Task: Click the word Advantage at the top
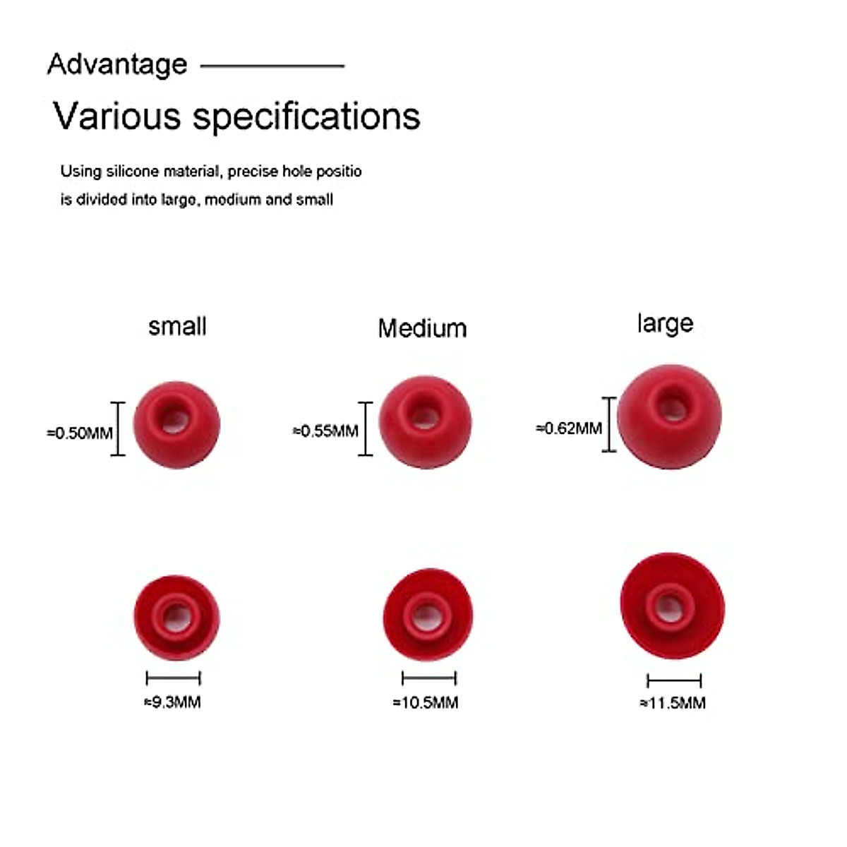pos(117,64)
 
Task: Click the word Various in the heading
pos(117,116)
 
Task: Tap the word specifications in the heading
pos(306,117)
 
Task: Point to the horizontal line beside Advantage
pos(272,66)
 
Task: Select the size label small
pos(177,326)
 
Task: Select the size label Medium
pos(422,328)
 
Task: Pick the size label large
pos(665,323)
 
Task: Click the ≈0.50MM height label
pos(80,433)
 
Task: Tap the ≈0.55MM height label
pos(325,431)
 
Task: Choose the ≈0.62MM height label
pos(569,428)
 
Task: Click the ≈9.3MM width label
pos(173,702)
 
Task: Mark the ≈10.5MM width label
pos(426,702)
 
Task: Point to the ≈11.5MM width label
pos(673,703)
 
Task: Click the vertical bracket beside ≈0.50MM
pos(118,428)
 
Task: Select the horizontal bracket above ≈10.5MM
pos(428,679)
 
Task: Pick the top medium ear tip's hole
pos(423,416)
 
